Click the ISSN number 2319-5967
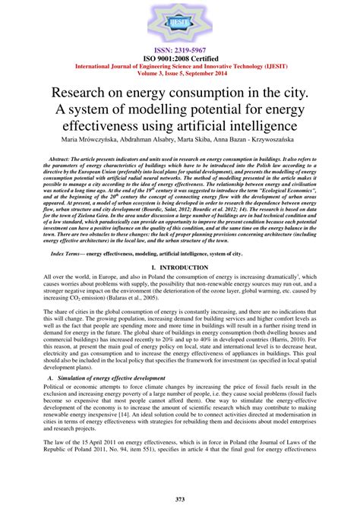point(180,49)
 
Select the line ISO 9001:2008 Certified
point(180,56)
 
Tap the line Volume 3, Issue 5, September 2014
point(180,73)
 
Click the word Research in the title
point(79,93)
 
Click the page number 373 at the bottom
point(180,498)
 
